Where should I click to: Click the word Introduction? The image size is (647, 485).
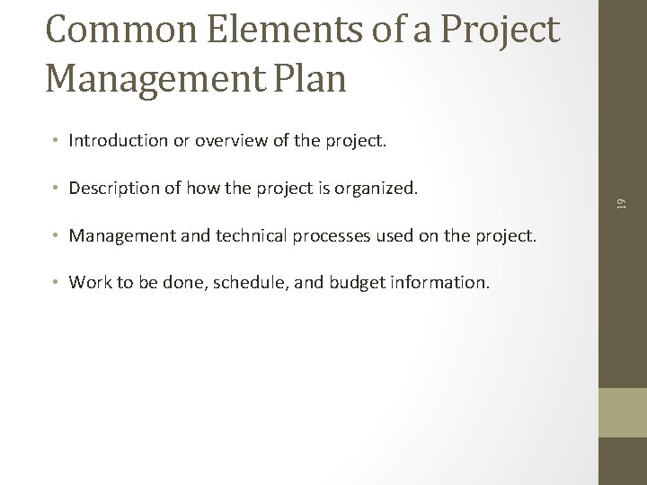(x=116, y=140)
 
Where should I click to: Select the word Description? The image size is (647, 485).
(x=113, y=189)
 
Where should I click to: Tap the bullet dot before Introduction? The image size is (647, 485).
(x=56, y=140)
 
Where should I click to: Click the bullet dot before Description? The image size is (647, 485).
(x=56, y=189)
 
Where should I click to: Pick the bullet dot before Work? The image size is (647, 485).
(x=56, y=282)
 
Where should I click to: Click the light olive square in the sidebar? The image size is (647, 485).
(x=622, y=412)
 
